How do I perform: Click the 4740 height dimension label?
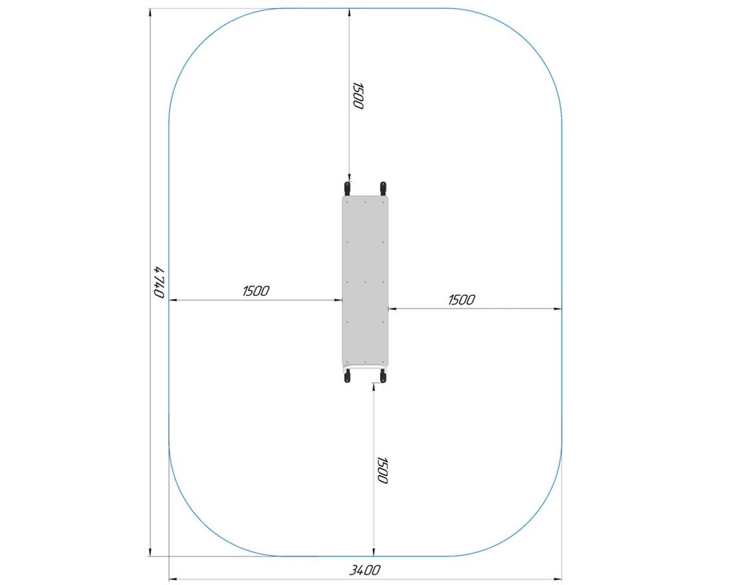pos(159,283)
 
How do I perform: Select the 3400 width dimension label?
pos(365,570)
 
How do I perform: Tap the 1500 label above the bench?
pos(358,96)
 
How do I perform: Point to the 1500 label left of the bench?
pos(256,291)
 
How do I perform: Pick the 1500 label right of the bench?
pos(461,300)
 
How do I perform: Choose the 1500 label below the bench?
pos(382,470)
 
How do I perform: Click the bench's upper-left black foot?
pos(347,189)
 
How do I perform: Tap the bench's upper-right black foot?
pos(383,189)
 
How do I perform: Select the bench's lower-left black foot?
pos(347,376)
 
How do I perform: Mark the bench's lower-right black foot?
pos(383,376)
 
